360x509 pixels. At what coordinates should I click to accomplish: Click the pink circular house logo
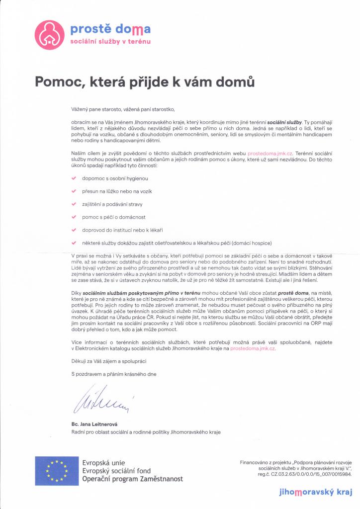click(49, 35)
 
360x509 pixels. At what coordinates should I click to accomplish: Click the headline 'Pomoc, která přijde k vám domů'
click(145, 82)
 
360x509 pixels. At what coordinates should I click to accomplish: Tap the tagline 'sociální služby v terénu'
click(110, 43)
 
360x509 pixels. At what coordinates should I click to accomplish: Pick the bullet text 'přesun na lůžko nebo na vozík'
click(117, 191)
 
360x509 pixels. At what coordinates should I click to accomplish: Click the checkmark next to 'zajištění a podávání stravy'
click(74, 204)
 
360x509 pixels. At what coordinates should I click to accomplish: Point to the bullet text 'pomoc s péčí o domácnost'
click(113, 217)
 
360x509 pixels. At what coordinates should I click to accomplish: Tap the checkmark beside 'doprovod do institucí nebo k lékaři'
click(74, 230)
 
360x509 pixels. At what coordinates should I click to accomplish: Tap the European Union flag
click(57, 471)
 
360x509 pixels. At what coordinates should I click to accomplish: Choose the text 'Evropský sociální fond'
click(116, 471)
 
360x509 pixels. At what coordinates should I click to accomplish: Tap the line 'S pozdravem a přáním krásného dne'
click(114, 373)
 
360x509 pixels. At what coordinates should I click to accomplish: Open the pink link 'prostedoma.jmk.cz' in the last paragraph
click(253, 349)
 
